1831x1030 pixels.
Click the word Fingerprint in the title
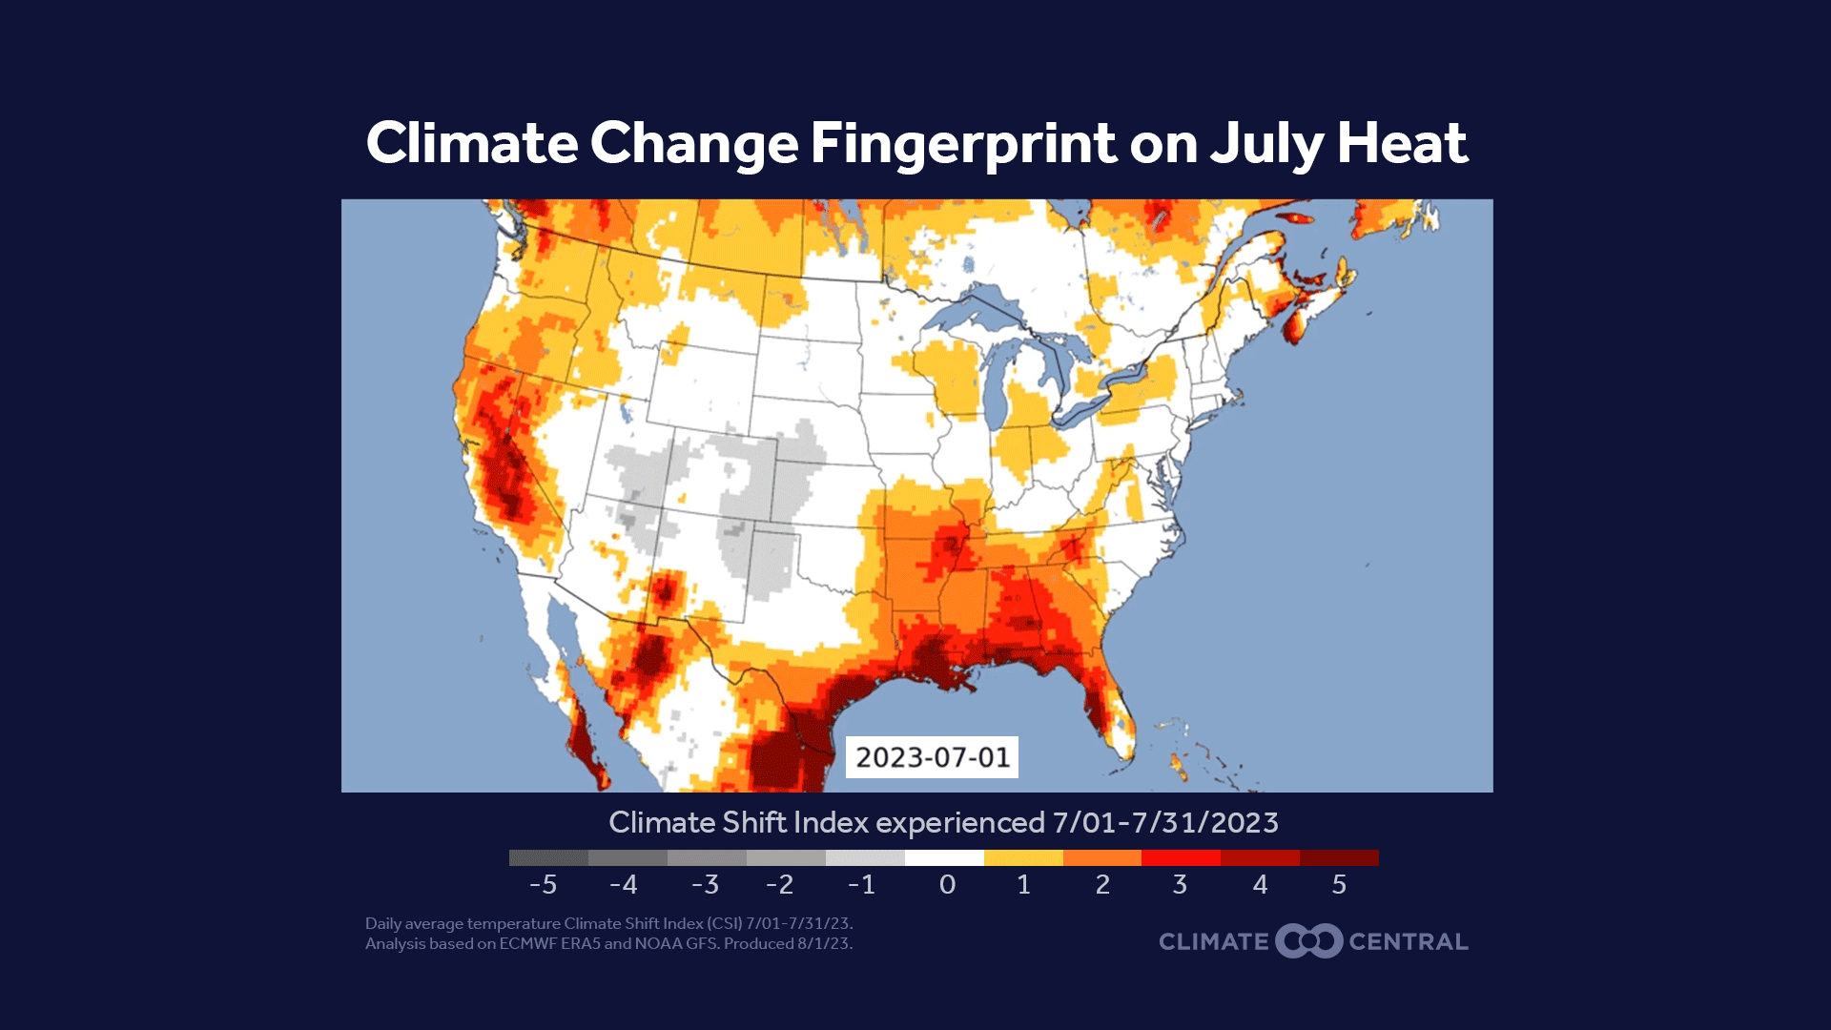(x=963, y=144)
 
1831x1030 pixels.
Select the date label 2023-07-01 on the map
(x=932, y=757)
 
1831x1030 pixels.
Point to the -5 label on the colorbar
(x=543, y=885)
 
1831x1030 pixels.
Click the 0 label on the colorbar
(x=946, y=885)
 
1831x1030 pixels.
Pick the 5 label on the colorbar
(x=1339, y=885)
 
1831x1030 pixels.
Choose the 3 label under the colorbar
(x=1180, y=885)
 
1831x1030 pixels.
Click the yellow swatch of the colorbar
(x=1023, y=857)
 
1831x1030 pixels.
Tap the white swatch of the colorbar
(x=944, y=857)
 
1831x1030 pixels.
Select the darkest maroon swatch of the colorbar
(x=1339, y=857)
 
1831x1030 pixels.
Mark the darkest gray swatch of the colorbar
(x=548, y=857)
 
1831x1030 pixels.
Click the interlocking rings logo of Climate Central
(x=1308, y=941)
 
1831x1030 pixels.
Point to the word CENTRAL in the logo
(x=1409, y=942)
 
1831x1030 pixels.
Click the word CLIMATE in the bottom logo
(x=1213, y=942)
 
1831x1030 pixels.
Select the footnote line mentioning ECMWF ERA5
(x=608, y=944)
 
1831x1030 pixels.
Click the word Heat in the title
(x=1402, y=144)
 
